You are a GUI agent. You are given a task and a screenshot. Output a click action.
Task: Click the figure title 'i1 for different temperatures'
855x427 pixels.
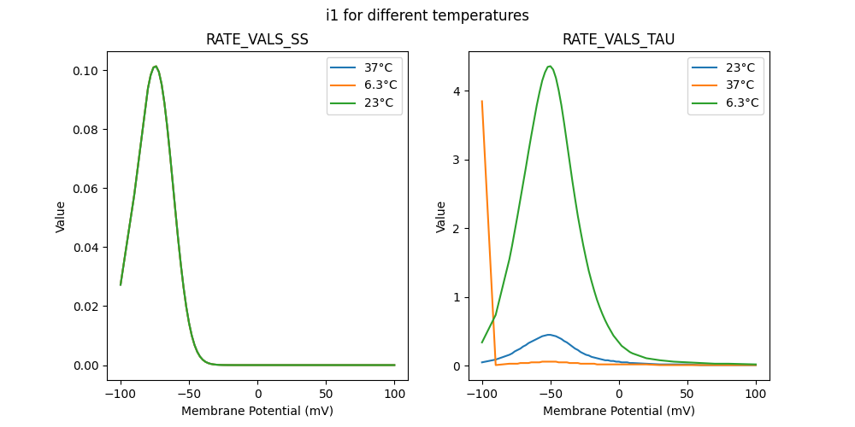(x=427, y=15)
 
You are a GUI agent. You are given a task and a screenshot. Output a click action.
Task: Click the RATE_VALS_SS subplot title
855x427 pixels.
(x=257, y=40)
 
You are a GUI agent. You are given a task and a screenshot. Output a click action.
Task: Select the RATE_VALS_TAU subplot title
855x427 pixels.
(x=618, y=40)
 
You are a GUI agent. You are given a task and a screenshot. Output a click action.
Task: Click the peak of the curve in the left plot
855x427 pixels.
(x=155, y=67)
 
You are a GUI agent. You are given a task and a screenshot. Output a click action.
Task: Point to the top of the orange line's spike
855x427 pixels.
(x=482, y=101)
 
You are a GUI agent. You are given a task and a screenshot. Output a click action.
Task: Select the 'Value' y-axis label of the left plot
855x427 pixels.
(x=61, y=217)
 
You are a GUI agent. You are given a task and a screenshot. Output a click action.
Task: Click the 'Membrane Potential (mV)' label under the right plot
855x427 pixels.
(x=618, y=411)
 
